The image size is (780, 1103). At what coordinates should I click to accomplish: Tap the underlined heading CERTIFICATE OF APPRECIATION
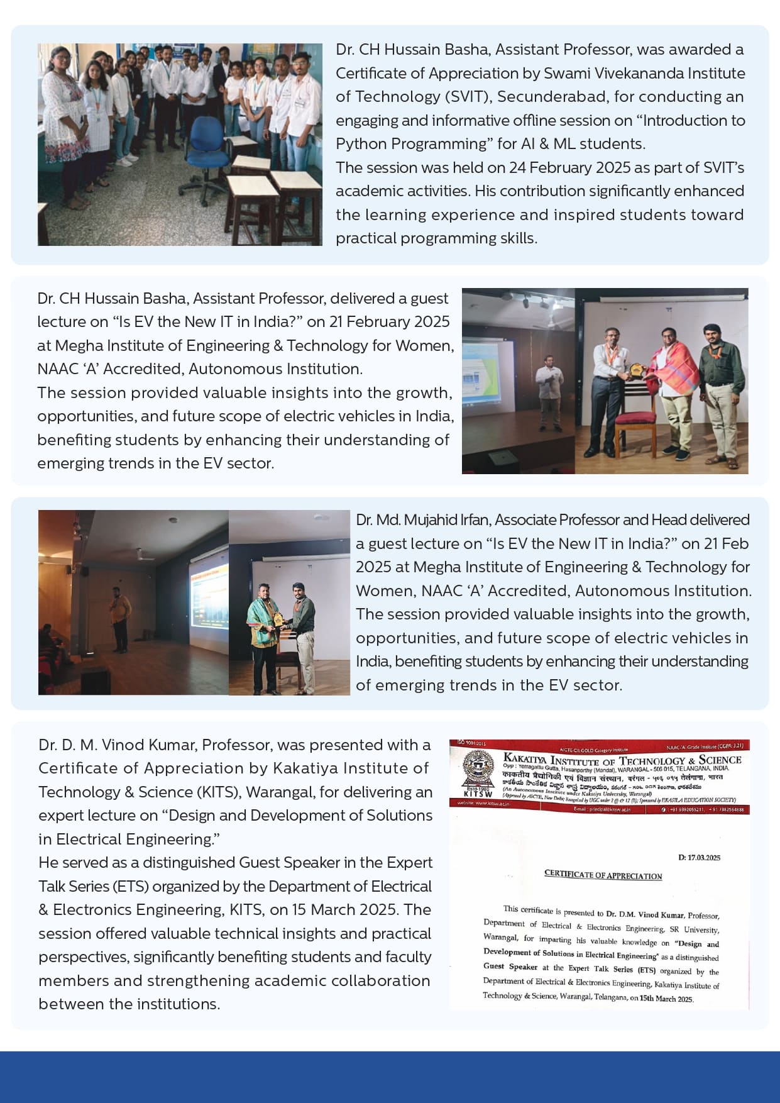coord(603,875)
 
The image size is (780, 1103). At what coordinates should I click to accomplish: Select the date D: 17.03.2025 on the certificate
coord(699,858)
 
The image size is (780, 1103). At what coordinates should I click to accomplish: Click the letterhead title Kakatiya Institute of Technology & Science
coord(622,760)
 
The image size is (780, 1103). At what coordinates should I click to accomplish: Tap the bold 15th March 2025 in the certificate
coord(666,999)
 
